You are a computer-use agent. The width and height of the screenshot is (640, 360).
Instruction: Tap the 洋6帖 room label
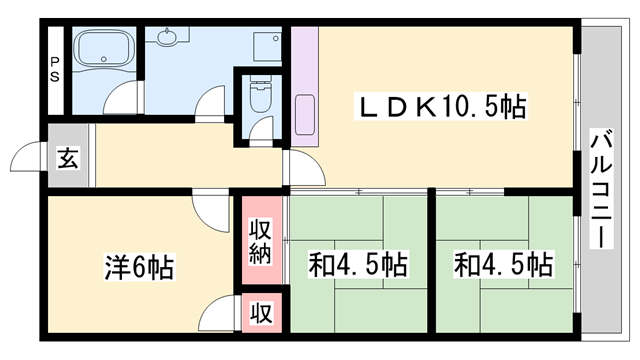[139, 267]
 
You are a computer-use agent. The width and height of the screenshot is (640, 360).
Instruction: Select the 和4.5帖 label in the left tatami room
[357, 265]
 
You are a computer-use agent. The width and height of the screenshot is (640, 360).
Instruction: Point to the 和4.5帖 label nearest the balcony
[503, 265]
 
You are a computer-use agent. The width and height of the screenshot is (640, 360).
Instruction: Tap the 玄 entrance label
[68, 159]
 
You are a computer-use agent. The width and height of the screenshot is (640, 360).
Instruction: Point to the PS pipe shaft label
[54, 69]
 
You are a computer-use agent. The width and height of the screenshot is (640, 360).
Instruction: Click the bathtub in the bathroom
[103, 51]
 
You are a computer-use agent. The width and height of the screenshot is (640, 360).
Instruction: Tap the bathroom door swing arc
[122, 100]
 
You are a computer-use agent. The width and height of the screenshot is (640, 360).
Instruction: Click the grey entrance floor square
[68, 159]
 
